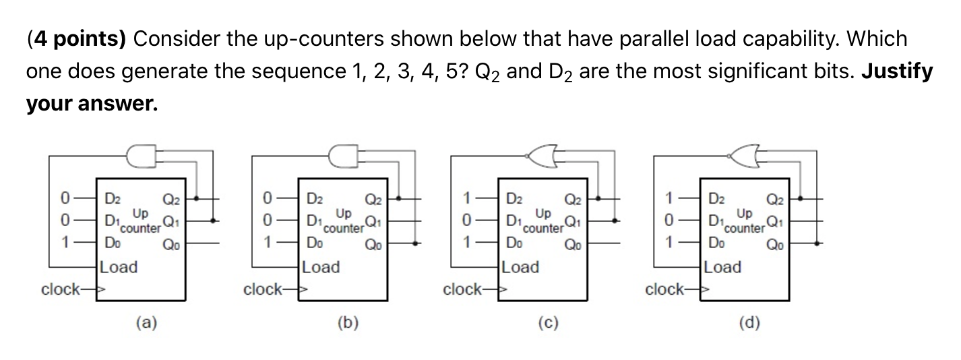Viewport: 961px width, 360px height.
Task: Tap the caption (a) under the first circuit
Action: click(x=146, y=323)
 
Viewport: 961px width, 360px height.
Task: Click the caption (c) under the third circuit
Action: click(x=548, y=323)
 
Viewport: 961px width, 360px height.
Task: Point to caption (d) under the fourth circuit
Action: click(x=749, y=323)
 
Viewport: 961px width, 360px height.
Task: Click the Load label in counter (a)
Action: click(x=119, y=267)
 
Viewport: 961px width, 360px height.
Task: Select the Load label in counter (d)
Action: click(x=722, y=267)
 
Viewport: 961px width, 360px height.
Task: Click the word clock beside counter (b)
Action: click(x=263, y=290)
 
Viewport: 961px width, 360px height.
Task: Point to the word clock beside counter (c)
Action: click(x=462, y=290)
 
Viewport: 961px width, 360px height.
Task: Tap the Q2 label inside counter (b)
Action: click(x=373, y=199)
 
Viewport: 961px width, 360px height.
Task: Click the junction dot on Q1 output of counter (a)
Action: click(x=214, y=220)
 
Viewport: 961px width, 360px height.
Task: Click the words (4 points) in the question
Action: click(x=75, y=39)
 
